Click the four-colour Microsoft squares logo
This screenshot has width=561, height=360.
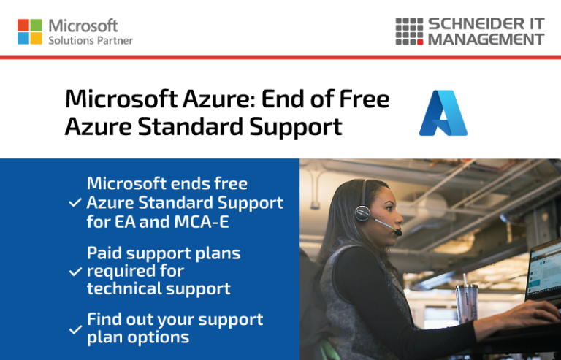click(30, 31)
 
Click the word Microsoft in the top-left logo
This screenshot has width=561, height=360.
click(83, 26)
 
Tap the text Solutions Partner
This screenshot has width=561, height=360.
click(91, 41)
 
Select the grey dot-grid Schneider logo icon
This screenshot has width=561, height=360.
click(409, 31)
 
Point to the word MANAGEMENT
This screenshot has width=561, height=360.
click(486, 39)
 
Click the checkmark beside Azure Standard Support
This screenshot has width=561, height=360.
click(75, 203)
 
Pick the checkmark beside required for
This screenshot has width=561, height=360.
click(75, 272)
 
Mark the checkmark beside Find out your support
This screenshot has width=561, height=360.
click(75, 329)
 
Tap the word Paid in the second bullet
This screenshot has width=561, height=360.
click(104, 253)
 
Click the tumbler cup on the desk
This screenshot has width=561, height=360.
click(465, 303)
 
